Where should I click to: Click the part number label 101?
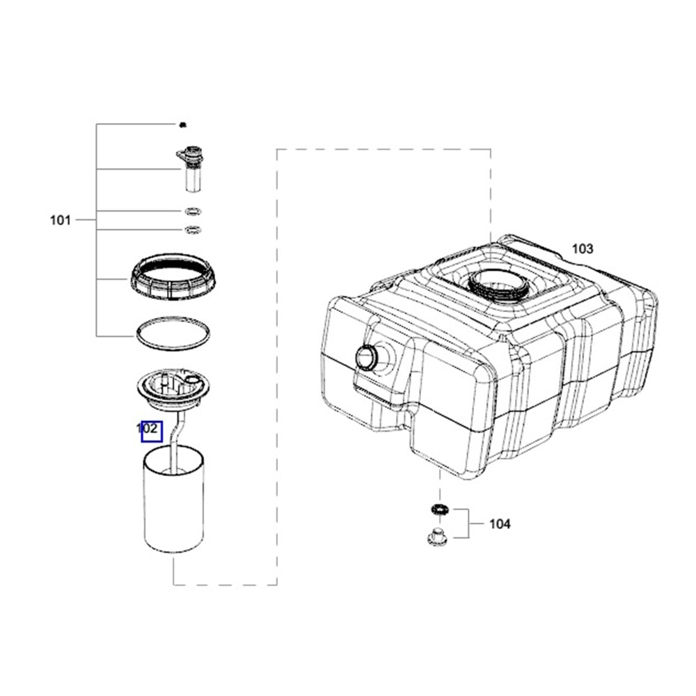click(x=61, y=220)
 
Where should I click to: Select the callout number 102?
click(x=147, y=429)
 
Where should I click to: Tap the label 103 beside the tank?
click(x=583, y=248)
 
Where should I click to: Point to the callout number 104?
click(x=500, y=524)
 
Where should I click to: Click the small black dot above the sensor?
click(x=182, y=125)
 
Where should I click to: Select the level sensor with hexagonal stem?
click(x=191, y=168)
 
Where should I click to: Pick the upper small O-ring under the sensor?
click(x=193, y=211)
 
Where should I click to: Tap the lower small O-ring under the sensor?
click(x=193, y=230)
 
